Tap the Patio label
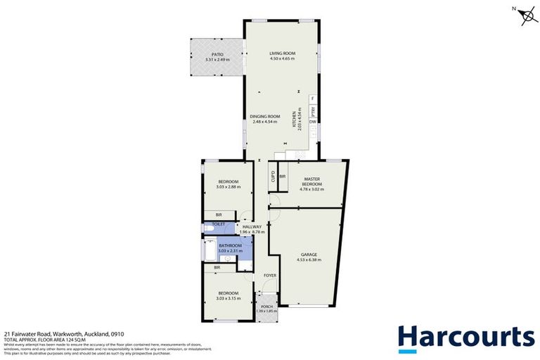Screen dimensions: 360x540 [x=218, y=53]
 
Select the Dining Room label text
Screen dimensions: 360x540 [x=265, y=116]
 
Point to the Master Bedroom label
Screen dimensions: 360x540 [x=312, y=181]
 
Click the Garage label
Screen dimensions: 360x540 [x=309, y=255]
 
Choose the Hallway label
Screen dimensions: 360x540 [x=252, y=226]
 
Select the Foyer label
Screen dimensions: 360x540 [x=271, y=276]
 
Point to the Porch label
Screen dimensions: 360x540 [x=266, y=307]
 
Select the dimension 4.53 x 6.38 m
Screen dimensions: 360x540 [x=309, y=259]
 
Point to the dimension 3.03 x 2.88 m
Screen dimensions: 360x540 [x=230, y=187]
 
